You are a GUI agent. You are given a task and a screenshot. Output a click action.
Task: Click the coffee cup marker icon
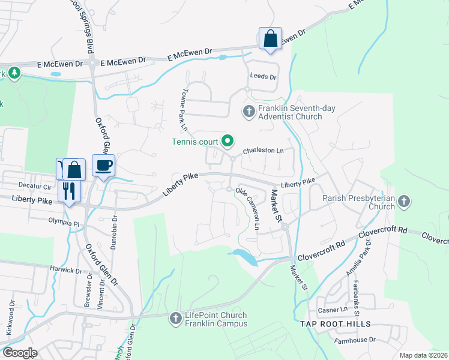click(103, 165)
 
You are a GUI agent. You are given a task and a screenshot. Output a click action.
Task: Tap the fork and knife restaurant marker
click(68, 191)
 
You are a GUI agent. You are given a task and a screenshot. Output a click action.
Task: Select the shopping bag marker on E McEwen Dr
click(270, 38)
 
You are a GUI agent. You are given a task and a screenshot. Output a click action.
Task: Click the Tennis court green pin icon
click(228, 142)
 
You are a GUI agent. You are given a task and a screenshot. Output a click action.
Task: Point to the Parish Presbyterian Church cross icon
click(404, 201)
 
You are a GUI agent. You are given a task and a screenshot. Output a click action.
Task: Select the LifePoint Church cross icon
click(175, 317)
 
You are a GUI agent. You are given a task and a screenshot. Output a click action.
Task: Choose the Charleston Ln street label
click(263, 151)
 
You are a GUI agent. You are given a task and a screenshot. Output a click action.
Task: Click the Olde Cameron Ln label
click(249, 208)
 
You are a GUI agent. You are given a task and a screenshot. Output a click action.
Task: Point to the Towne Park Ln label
click(183, 112)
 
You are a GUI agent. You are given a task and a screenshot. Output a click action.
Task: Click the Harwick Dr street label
click(65, 270)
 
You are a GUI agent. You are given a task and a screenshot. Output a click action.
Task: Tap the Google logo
click(20, 353)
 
